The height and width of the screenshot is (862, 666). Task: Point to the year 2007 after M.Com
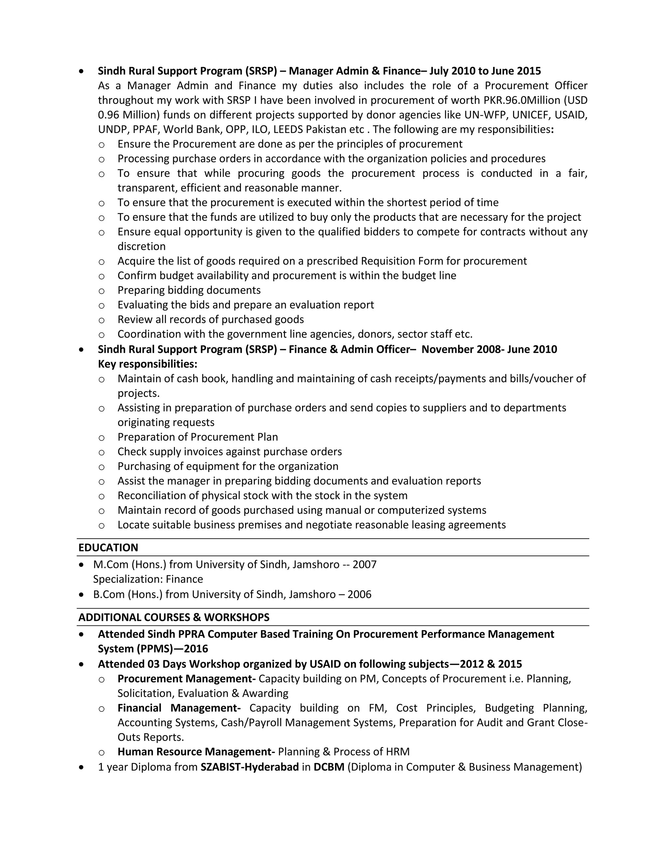[365, 564]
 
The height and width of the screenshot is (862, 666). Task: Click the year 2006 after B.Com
[359, 594]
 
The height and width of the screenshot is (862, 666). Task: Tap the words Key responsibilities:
[148, 364]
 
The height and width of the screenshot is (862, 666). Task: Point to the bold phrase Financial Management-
[179, 708]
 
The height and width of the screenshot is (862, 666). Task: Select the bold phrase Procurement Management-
[187, 679]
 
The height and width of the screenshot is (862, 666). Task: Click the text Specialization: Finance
[148, 579]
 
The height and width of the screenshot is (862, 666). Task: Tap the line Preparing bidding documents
[189, 290]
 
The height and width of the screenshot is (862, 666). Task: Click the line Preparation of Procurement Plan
[198, 437]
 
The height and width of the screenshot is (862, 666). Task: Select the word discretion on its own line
[141, 246]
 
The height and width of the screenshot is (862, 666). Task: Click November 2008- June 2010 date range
[489, 349]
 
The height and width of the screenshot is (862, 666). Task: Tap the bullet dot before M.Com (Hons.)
[81, 565]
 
